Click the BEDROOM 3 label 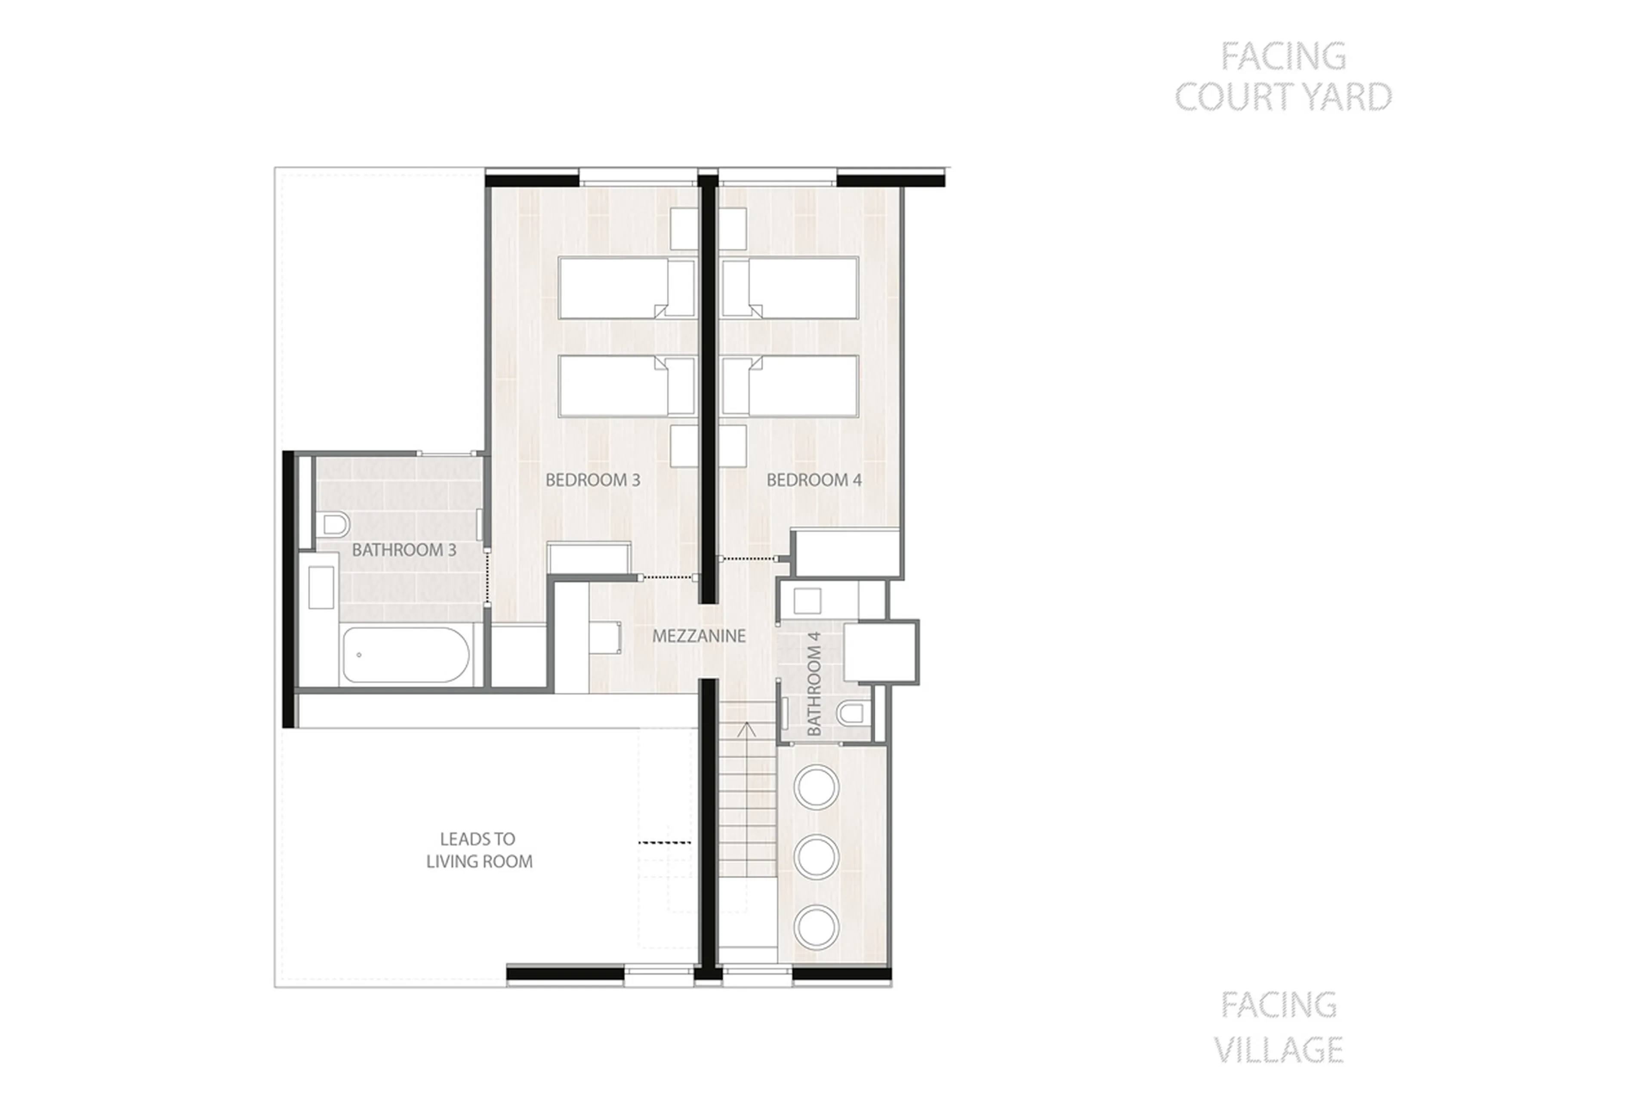[592, 480]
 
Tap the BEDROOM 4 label [813, 480]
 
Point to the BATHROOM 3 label [404, 550]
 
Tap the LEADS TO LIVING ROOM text [479, 850]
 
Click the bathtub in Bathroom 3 [406, 654]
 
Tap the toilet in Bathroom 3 [335, 524]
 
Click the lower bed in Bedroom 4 [790, 386]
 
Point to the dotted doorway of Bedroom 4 [749, 559]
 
